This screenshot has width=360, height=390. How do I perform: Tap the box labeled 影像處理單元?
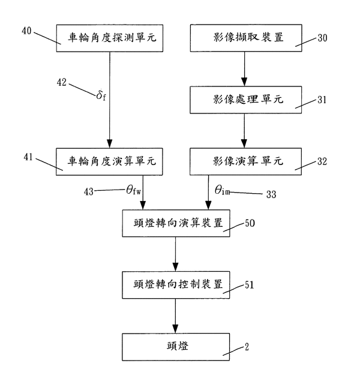pyautogui.click(x=243, y=100)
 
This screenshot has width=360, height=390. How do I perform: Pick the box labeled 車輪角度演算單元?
pyautogui.click(x=110, y=162)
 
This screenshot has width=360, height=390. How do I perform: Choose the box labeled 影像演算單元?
pyautogui.click(x=243, y=162)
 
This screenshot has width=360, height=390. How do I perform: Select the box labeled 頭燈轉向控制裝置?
pyautogui.click(x=175, y=284)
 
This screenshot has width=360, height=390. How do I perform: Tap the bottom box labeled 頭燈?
pyautogui.click(x=175, y=346)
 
